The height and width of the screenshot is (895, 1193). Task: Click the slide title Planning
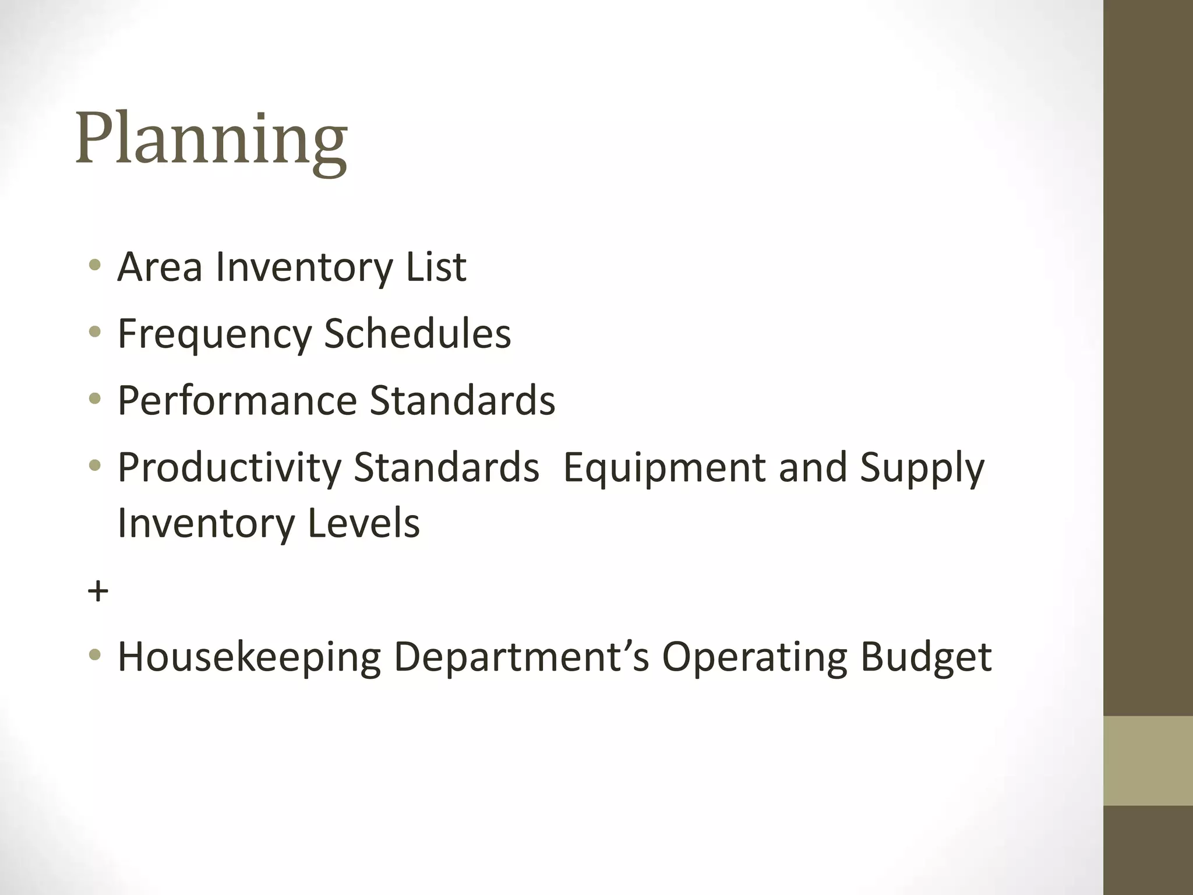pos(211,140)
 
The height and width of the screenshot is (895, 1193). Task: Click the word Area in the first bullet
pos(160,267)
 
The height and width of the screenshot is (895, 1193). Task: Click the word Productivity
pos(229,468)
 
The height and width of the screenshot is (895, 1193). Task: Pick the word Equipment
pos(665,468)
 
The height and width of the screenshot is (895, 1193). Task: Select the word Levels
pos(363,523)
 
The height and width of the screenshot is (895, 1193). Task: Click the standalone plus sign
pos(98,591)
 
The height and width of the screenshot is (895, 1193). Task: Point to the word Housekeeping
pos(249,658)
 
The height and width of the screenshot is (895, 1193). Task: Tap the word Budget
pos(926,658)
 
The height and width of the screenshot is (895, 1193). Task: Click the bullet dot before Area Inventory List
pos(95,266)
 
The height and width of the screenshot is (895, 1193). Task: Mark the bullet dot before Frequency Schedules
pos(95,333)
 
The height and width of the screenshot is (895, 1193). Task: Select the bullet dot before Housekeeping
pos(95,656)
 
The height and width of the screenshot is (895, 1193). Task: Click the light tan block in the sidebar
pos(1148,760)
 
